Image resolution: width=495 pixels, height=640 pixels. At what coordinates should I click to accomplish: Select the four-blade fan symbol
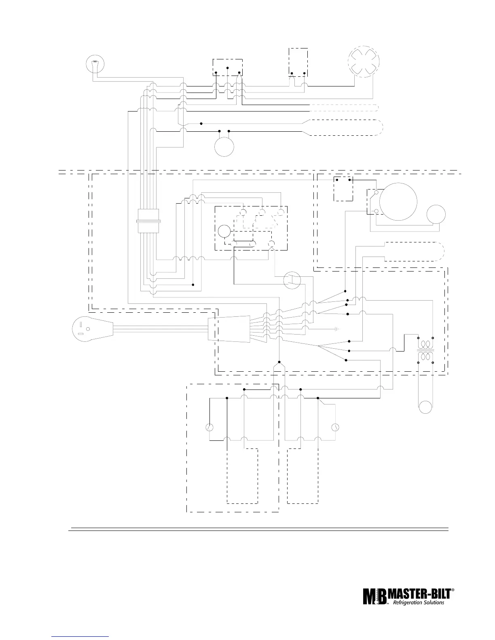365,61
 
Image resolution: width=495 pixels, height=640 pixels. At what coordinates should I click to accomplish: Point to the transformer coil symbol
425,350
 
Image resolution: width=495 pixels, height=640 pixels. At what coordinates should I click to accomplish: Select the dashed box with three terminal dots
228,67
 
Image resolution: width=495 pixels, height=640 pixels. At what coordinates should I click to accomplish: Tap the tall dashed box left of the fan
298,62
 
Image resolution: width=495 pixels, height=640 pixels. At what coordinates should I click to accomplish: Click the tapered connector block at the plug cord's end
228,329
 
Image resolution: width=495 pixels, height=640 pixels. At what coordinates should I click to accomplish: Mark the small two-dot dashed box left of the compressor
343,188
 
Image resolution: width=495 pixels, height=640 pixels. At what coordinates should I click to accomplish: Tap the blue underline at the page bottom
81,636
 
